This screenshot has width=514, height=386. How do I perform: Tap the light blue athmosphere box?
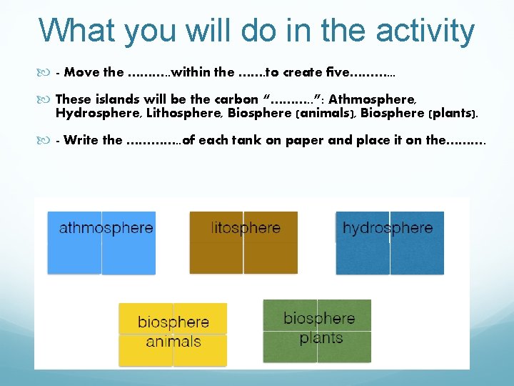101,243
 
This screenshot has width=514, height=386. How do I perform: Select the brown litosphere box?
243,243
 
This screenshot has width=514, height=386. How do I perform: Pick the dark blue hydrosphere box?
390,243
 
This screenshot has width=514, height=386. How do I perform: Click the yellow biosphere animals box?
173,334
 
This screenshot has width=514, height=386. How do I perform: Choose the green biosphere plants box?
317,330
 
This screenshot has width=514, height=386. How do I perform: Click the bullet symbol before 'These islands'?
46,100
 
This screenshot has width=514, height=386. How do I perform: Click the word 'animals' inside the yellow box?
173,342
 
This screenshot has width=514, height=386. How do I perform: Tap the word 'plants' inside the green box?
321,337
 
